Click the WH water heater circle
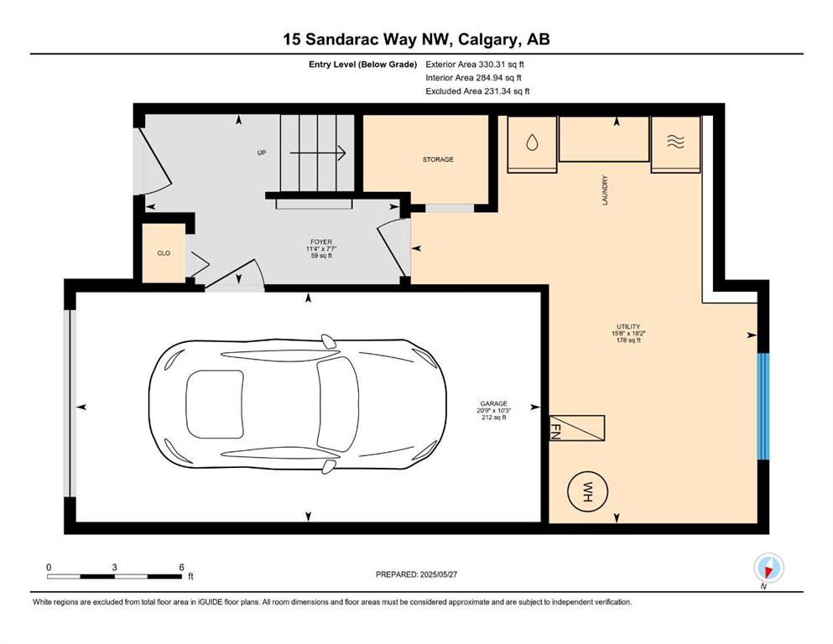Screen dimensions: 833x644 click(587, 491)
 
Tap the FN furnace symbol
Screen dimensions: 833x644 click(576, 428)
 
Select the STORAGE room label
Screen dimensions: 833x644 click(438, 159)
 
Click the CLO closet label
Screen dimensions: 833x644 click(164, 253)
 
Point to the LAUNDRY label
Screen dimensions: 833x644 click(605, 190)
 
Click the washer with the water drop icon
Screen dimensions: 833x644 click(532, 144)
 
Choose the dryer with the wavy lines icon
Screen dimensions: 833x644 click(676, 144)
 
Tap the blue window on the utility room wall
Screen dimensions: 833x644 click(763, 406)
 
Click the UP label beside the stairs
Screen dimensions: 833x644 click(262, 153)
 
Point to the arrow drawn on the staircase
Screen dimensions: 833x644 click(318, 153)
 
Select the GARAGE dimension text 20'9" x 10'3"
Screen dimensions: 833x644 click(493, 410)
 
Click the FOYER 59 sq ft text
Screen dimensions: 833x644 click(321, 256)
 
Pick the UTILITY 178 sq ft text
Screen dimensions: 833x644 click(628, 340)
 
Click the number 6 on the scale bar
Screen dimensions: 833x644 click(182, 567)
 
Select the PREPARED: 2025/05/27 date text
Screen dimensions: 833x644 click(416, 574)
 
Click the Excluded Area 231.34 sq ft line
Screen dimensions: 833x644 click(477, 91)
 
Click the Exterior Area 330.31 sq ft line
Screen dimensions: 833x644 click(475, 65)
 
